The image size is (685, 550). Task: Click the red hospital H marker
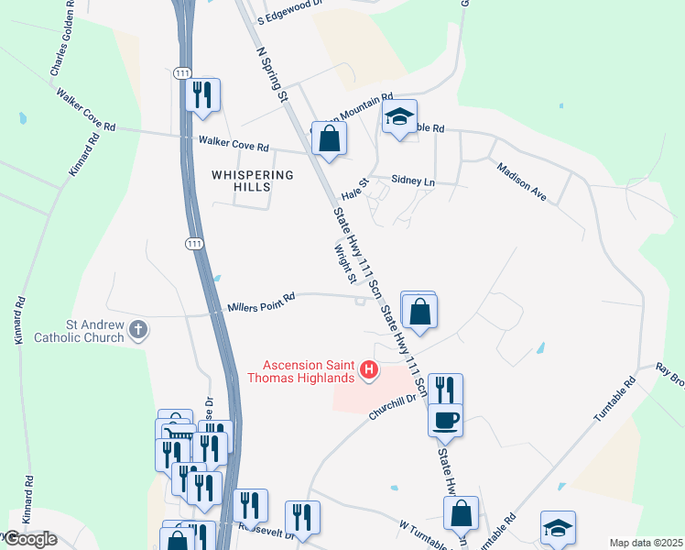[369, 369]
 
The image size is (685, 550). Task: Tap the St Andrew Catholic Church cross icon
[137, 329]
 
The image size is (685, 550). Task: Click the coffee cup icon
[446, 421]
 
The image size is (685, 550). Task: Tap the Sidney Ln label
[413, 181]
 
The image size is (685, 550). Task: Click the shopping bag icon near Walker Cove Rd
[330, 139]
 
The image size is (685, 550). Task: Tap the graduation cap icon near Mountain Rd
[399, 117]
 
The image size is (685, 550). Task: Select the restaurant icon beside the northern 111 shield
[202, 94]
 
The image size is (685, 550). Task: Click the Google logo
[30, 539]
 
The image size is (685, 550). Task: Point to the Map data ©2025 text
[647, 543]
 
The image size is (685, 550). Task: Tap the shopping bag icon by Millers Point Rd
[419, 312]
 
